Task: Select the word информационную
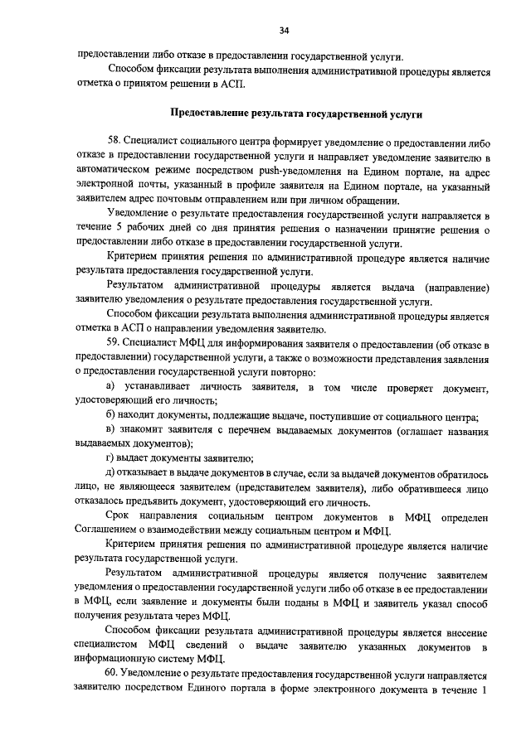pyautogui.click(x=113, y=660)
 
